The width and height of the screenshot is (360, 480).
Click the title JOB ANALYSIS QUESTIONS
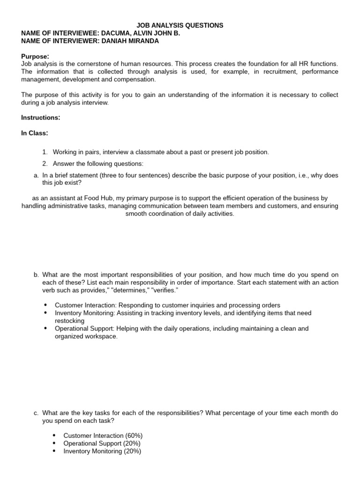180,25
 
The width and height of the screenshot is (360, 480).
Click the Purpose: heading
35,56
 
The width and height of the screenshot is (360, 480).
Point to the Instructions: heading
40,117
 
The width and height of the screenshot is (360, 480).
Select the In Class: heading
34,133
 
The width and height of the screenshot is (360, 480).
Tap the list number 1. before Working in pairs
45,152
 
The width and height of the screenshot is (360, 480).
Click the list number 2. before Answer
45,164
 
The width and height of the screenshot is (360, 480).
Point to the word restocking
69,321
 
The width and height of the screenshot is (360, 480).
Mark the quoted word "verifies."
163,290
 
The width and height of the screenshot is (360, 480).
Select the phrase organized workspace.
86,337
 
